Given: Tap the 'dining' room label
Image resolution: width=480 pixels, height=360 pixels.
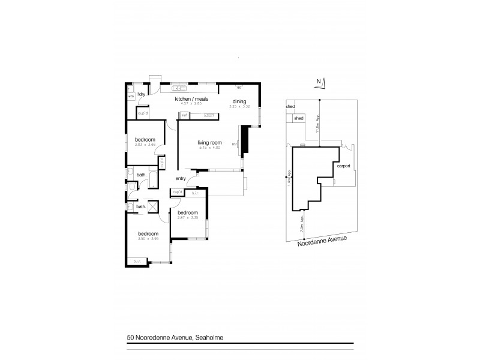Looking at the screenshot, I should click(x=239, y=101).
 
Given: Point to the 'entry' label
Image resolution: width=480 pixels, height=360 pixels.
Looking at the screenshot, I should click(x=181, y=178).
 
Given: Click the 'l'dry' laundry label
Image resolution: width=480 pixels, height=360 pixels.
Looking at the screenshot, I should click(x=142, y=95).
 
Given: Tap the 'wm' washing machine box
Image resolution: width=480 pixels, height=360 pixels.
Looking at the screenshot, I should click(x=130, y=95).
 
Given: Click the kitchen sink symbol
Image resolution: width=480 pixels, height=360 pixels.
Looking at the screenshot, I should click(x=179, y=84).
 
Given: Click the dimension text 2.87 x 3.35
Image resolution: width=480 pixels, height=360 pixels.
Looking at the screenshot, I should click(x=188, y=218).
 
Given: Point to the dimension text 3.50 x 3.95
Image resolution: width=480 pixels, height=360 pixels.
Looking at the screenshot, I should click(x=148, y=238).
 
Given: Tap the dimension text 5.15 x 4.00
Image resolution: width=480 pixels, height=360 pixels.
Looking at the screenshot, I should click(x=209, y=147).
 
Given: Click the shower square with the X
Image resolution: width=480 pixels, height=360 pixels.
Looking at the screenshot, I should click(x=153, y=207).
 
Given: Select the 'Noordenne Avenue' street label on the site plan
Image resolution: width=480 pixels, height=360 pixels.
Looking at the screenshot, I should click(x=323, y=239).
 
